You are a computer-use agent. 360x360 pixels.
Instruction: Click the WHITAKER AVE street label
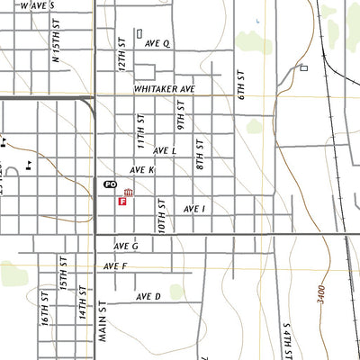coord(165,90)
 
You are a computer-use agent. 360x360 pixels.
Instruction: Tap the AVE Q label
coord(159,42)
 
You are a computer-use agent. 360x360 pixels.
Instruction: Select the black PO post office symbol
coord(110,183)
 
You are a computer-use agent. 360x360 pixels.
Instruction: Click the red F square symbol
coord(121,202)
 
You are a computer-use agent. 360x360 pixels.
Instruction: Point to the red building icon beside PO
coord(129,192)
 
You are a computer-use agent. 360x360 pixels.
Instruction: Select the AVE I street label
coord(194,208)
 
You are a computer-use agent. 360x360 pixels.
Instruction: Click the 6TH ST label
coord(241,82)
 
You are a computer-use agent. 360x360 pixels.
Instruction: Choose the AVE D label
coord(148,296)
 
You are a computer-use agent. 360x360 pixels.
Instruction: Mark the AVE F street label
coord(115,266)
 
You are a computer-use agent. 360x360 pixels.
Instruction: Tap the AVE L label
coord(165,151)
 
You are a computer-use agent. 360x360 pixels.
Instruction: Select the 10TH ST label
coord(163,217)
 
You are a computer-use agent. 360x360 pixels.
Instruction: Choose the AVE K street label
coord(142,169)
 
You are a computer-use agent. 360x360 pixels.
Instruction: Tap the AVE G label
coord(126,246)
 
